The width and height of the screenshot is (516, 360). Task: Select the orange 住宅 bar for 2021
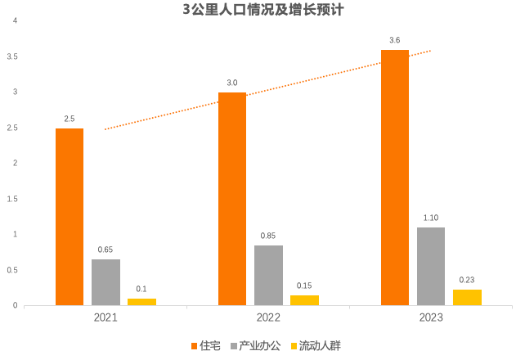70,217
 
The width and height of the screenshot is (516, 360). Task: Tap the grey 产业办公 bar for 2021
105,282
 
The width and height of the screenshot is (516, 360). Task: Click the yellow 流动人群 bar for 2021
141,302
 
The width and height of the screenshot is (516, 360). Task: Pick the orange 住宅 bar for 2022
232,199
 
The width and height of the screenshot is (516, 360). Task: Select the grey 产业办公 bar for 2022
268,275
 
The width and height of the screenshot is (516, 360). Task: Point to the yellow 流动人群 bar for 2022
304,300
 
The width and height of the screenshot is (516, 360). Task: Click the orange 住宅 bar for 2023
395,178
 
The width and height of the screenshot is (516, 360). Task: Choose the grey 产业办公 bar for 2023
431,266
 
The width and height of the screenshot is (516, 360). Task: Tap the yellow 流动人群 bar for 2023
467,297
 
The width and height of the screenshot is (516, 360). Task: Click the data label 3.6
395,40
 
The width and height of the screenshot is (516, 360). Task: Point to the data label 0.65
105,249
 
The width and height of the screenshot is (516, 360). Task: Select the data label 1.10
431,217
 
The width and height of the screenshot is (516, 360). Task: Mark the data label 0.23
467,279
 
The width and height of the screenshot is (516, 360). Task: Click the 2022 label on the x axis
268,317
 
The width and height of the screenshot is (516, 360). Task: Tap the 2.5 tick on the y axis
11,128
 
